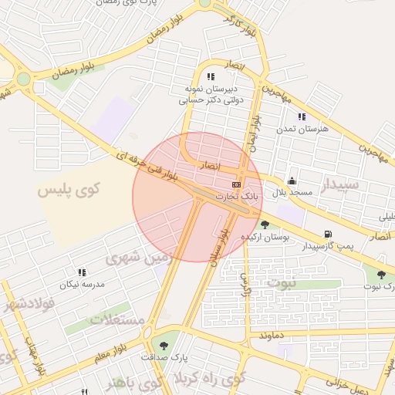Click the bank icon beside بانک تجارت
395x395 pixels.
pos(236,185)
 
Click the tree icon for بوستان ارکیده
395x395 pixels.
pos(265,225)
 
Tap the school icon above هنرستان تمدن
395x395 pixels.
pos(302,116)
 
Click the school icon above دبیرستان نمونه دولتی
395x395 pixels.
pos(211,76)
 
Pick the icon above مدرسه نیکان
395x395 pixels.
pos(82,272)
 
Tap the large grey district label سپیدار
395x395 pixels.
pos(339,186)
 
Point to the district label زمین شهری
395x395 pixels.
pos(136,259)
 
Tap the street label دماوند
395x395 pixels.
pos(274,336)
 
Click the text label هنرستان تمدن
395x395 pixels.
pos(302,129)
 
